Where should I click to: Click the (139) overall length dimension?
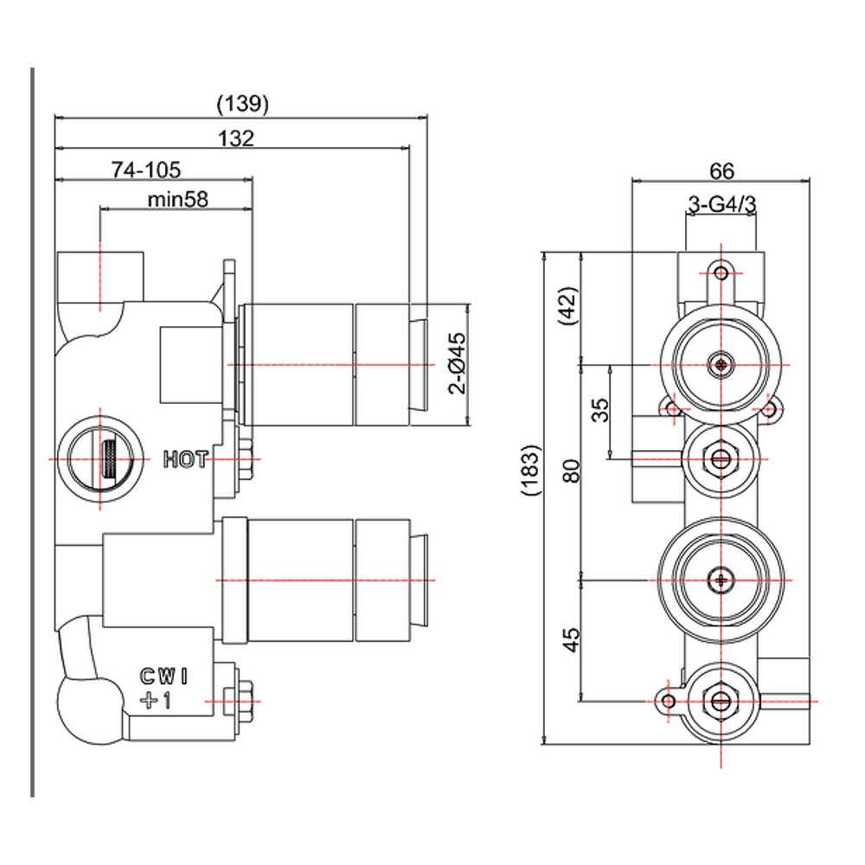pyautogui.click(x=243, y=103)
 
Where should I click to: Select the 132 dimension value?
pyautogui.click(x=236, y=138)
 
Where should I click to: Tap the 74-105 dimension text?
pyautogui.click(x=146, y=170)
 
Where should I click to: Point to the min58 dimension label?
pyautogui.click(x=177, y=199)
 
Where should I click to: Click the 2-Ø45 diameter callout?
pyautogui.click(x=458, y=362)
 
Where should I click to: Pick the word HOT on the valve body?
pyautogui.click(x=185, y=459)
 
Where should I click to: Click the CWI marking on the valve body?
pyautogui.click(x=164, y=676)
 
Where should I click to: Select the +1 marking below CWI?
pyautogui.click(x=156, y=701)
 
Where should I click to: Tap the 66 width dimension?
pyautogui.click(x=721, y=171)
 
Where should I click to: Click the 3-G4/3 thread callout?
pyautogui.click(x=721, y=205)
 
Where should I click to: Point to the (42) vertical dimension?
pyautogui.click(x=569, y=305)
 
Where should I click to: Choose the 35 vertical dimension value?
pyautogui.click(x=600, y=410)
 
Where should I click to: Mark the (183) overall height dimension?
pyautogui.click(x=532, y=470)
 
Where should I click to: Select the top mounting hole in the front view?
pyautogui.click(x=721, y=272)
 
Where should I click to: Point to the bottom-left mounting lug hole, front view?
pyautogui.click(x=668, y=702)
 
